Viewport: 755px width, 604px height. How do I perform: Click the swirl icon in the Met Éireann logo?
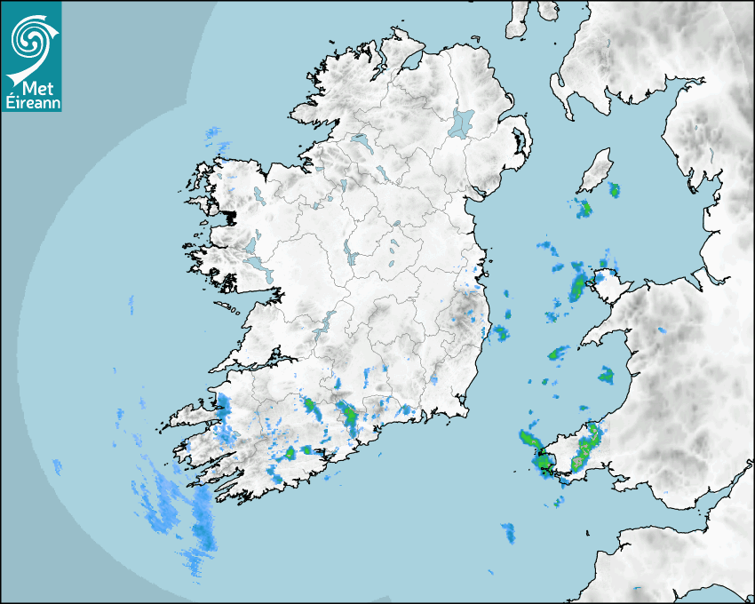click(30, 37)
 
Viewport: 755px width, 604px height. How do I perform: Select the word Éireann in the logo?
click(30, 102)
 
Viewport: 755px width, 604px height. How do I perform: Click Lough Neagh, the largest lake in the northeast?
click(462, 122)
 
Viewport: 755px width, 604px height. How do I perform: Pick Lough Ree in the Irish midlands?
click(352, 258)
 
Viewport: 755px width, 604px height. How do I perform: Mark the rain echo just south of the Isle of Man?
click(584, 210)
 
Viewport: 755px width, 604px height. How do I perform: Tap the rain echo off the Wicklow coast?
click(501, 334)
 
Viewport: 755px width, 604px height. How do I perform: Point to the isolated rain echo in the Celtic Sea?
click(508, 533)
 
